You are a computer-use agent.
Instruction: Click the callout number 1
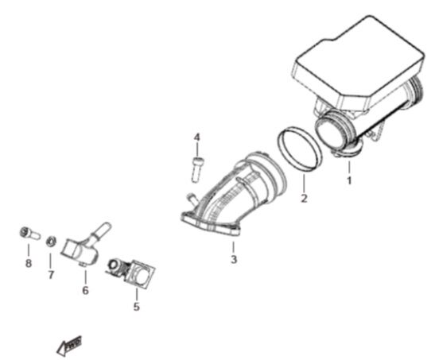click(348, 180)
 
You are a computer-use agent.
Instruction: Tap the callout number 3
click(234, 259)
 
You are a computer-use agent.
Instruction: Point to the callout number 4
click(197, 138)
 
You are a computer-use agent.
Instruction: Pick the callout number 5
click(136, 305)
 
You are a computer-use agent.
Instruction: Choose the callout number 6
click(85, 291)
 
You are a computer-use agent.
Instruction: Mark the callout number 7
click(50, 275)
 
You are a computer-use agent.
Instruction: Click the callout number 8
click(28, 263)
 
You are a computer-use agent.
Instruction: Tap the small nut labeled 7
click(50, 238)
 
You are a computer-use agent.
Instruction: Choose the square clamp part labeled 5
click(135, 271)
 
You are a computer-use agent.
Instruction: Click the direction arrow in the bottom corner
click(69, 344)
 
